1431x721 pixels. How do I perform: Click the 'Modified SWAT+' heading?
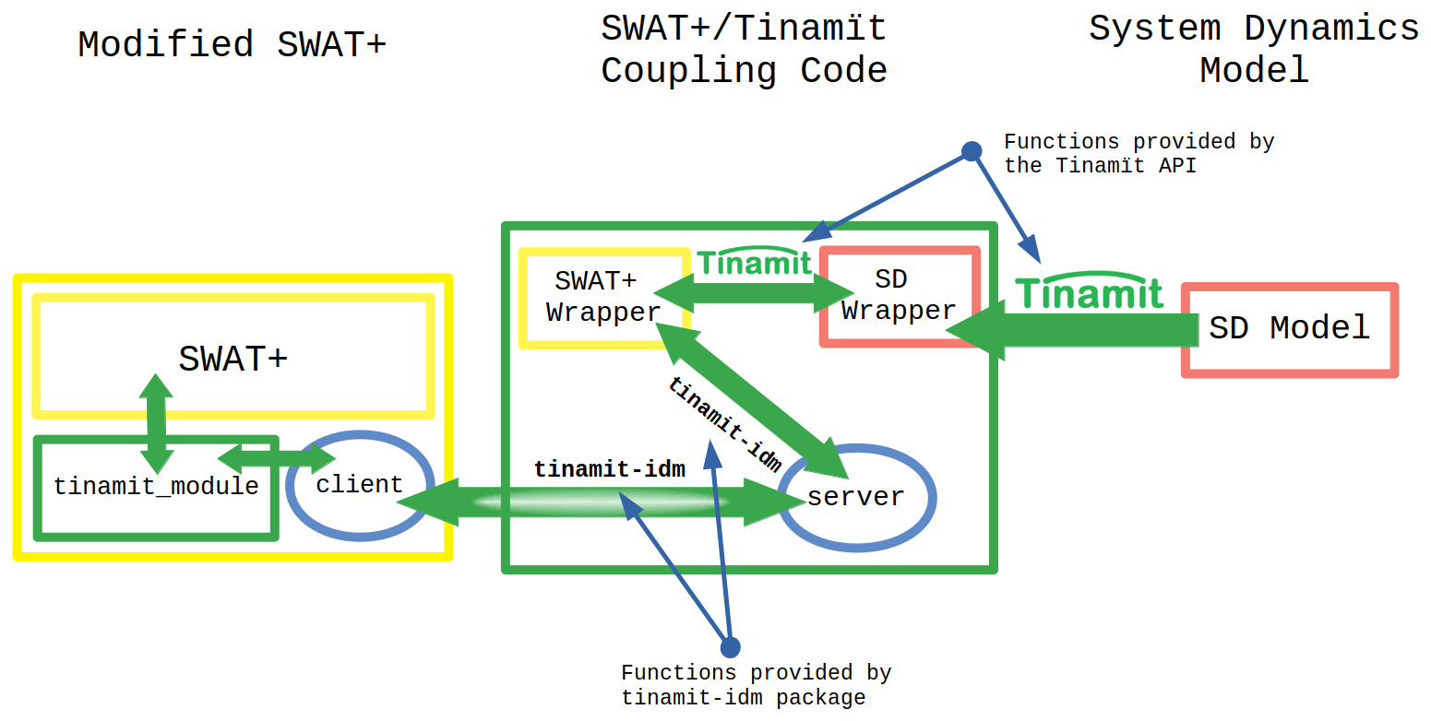tap(232, 44)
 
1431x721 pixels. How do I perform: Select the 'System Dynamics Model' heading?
tap(1253, 49)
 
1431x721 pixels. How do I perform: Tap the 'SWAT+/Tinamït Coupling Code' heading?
tap(744, 49)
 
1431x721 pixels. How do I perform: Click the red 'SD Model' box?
tap(1290, 329)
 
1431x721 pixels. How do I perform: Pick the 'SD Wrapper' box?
tap(899, 296)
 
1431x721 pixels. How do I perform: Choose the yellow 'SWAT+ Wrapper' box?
tap(603, 297)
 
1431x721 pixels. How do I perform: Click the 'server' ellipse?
tap(856, 498)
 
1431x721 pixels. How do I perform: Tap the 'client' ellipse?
tap(359, 485)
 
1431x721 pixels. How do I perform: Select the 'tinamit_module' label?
tap(156, 487)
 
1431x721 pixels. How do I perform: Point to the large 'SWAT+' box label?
tap(233, 359)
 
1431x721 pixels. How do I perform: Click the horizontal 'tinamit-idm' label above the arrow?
tap(609, 469)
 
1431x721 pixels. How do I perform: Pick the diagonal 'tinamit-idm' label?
tap(725, 423)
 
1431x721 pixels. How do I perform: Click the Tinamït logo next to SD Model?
tap(1090, 292)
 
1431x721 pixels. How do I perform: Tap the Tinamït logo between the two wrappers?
tap(755, 262)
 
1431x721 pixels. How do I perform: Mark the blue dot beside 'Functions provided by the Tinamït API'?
tap(971, 151)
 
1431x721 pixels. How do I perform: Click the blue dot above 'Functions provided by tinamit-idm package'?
tap(730, 646)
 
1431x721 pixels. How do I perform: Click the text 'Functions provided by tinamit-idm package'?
tap(756, 685)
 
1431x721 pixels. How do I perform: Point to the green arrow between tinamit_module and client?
tap(277, 456)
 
